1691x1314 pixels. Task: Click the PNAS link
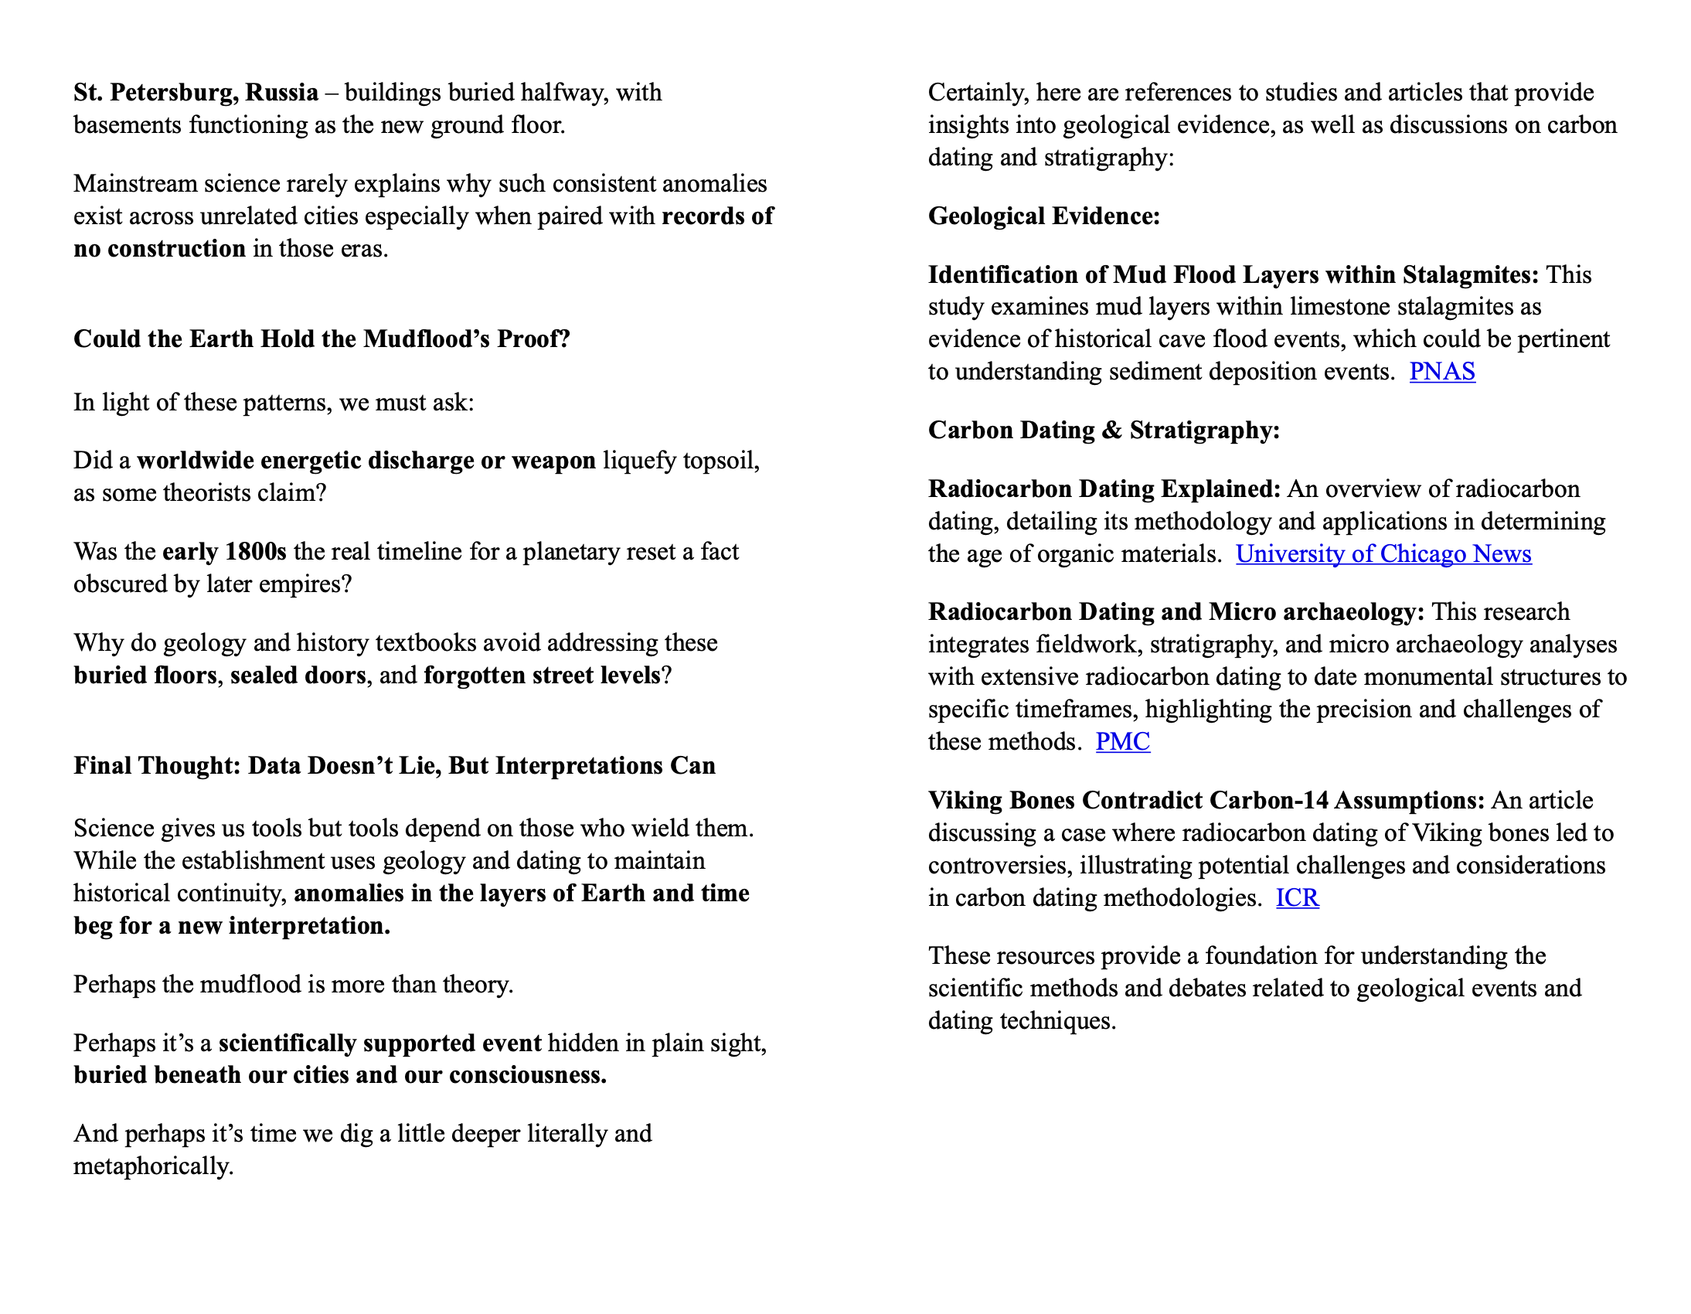1441,372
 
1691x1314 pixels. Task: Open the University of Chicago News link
1383,553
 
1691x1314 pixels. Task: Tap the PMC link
1122,742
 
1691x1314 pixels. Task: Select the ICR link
1297,897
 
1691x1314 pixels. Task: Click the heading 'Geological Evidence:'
1043,216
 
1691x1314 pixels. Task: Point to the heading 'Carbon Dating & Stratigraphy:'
1104,431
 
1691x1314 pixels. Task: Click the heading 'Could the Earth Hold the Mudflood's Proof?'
322,339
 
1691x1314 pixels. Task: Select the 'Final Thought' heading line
394,766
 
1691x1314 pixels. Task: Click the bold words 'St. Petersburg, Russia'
196,93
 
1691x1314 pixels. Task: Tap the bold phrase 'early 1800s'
224,552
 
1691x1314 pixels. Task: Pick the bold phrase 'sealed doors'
298,676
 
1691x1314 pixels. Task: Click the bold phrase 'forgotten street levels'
542,676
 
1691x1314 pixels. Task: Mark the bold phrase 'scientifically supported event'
379,1043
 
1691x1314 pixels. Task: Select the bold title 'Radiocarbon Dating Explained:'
1104,489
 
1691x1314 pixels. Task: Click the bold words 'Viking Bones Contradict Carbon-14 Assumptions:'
1206,801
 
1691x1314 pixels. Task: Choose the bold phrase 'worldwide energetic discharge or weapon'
366,461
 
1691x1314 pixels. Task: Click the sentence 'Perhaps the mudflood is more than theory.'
294,985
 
